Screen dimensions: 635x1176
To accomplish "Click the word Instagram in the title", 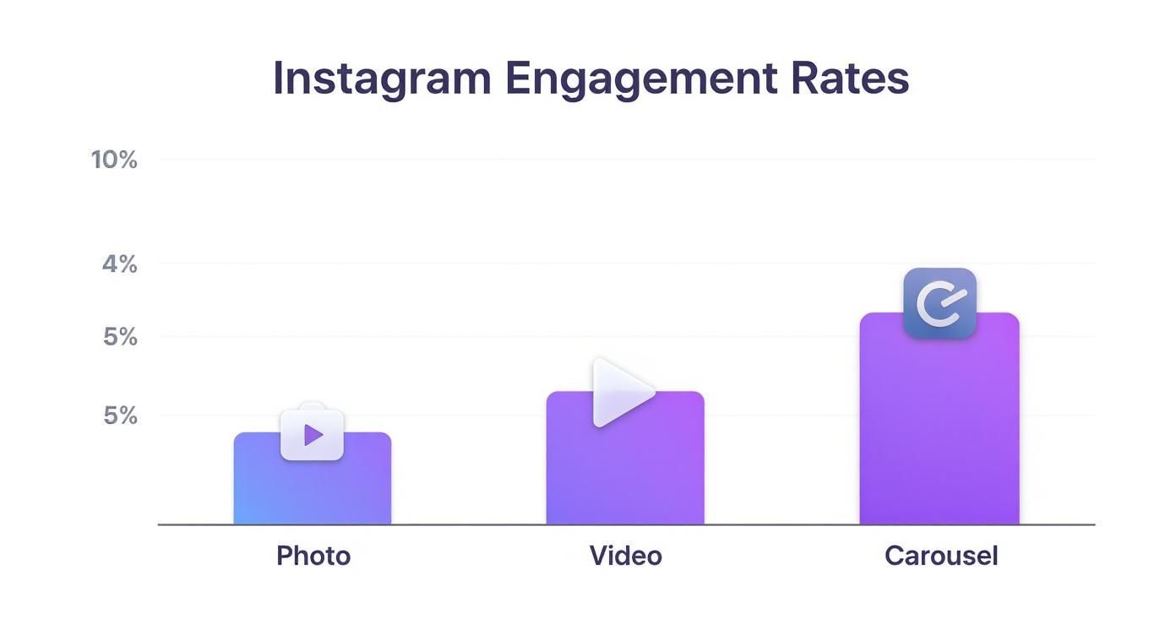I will pos(381,79).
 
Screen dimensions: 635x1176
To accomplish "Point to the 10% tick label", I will pos(114,160).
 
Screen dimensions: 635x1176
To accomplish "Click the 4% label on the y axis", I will pos(119,264).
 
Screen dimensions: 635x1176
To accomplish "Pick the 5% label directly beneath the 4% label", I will pos(119,337).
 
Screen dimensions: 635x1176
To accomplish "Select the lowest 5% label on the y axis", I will pos(119,415).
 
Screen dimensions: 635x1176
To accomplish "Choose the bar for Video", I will pos(624,473).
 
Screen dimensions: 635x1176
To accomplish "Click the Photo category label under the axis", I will pos(313,556).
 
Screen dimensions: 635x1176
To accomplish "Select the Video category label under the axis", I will pos(625,556).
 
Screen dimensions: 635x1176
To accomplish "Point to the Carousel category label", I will pos(941,556).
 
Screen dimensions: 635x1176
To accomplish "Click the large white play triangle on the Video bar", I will pos(619,393).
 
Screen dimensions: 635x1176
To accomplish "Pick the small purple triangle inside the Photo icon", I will pos(313,435).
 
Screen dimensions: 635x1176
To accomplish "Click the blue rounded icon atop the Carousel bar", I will pos(939,303).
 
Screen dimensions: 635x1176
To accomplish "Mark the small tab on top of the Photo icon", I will pos(312,405).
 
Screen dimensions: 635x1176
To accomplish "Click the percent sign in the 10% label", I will pos(127,160).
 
